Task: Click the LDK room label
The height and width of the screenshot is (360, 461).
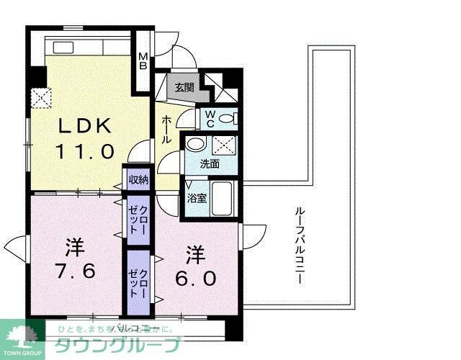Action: [85, 126]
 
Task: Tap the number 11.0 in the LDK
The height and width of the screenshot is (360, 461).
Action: [85, 152]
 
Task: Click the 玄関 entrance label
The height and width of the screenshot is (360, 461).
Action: [184, 88]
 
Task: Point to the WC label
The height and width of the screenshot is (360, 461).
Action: [210, 118]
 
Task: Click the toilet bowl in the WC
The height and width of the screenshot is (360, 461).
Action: [227, 119]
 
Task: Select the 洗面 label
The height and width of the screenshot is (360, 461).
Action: [210, 164]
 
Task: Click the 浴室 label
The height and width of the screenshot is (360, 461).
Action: [197, 197]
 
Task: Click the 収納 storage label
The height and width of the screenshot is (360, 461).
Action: [138, 180]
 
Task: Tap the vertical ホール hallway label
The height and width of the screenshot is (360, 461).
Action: [166, 130]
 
